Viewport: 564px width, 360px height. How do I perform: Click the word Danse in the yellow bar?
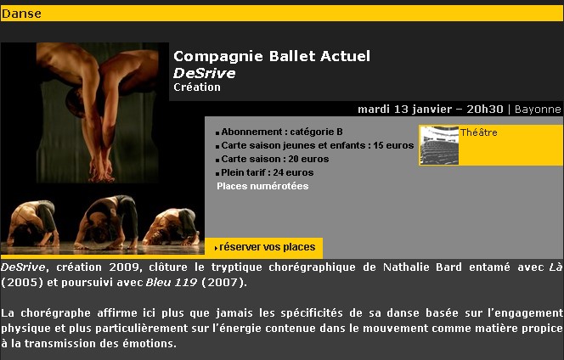[x=21, y=14]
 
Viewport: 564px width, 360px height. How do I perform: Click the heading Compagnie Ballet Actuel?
[x=272, y=56]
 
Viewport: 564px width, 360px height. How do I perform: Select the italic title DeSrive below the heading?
[x=205, y=73]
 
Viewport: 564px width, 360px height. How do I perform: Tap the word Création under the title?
[x=197, y=87]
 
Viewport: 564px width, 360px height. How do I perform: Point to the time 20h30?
[x=484, y=110]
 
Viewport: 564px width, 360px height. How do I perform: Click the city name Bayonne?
[x=538, y=110]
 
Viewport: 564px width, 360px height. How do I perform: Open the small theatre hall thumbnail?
[x=439, y=145]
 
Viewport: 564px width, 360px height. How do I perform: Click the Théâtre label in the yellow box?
[x=479, y=132]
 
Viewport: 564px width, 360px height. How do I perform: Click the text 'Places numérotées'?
[x=262, y=186]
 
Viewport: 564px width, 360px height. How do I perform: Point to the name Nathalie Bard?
[x=422, y=267]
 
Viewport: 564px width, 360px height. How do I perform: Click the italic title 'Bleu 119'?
[x=172, y=283]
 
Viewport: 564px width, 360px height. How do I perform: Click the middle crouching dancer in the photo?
[x=106, y=222]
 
